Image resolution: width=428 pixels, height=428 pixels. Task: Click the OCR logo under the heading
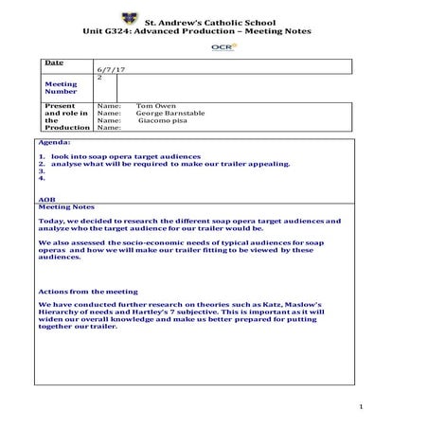[x=221, y=45]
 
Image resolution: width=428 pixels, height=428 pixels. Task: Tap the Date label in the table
[x=54, y=62]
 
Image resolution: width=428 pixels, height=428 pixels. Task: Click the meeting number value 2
[x=99, y=78]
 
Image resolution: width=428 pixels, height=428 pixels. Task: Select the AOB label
[x=46, y=200]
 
